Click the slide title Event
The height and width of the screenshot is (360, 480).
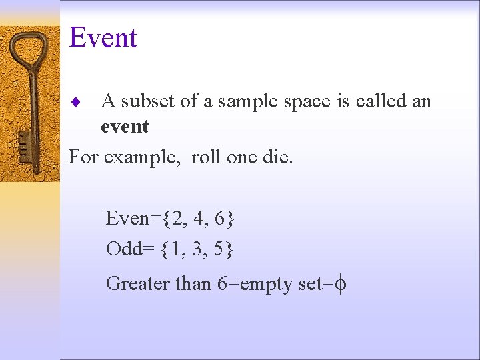[x=103, y=38]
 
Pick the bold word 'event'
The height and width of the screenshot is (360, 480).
[x=125, y=127]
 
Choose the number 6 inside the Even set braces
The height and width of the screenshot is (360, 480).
[x=221, y=218]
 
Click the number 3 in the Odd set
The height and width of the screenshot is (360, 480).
[x=199, y=249]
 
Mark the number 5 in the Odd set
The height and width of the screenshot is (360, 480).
[x=221, y=249]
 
